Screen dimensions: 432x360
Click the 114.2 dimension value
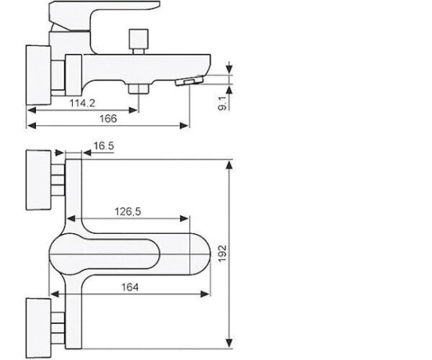point(82,103)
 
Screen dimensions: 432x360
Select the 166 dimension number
point(108,119)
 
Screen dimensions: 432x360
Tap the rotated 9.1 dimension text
point(222,103)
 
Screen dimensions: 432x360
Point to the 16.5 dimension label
point(103,146)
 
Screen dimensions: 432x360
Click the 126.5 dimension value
point(128,211)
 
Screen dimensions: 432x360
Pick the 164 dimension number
point(130,287)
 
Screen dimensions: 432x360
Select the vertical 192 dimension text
point(222,253)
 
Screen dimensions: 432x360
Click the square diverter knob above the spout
point(139,38)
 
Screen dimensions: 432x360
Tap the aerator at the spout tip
point(189,81)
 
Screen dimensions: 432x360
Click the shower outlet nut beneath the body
point(139,88)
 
